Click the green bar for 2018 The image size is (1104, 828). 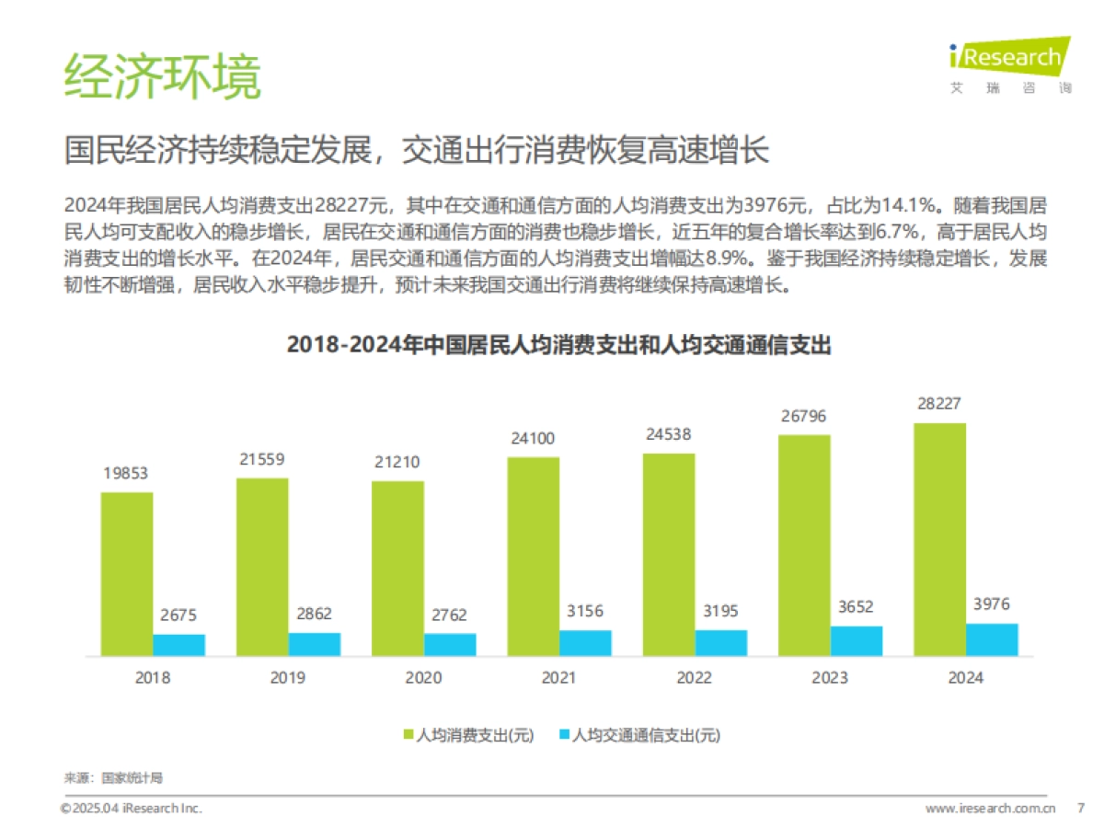point(127,573)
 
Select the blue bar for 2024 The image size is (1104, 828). point(992,639)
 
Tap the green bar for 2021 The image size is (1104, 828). point(533,556)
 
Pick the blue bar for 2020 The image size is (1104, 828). point(450,644)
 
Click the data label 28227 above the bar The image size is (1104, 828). point(939,404)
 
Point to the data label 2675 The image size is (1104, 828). point(178,615)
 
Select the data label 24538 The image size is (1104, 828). point(669,433)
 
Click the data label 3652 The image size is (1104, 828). point(857,607)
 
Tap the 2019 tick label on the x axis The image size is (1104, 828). point(288,678)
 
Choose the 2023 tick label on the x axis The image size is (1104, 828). point(829,678)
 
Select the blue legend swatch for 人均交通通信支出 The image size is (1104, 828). point(564,734)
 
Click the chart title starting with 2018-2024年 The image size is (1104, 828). point(558,345)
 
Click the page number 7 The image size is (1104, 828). point(1080,808)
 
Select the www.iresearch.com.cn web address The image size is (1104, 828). point(989,808)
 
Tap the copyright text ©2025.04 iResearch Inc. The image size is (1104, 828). point(131,808)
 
